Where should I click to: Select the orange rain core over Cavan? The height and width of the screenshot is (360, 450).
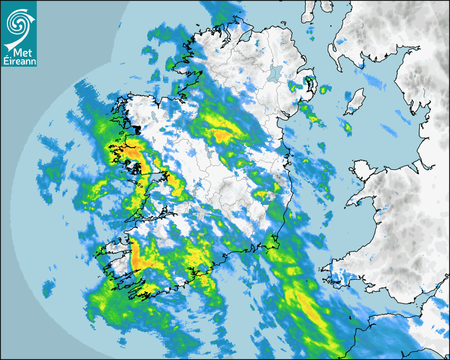pyautogui.click(x=222, y=136)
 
